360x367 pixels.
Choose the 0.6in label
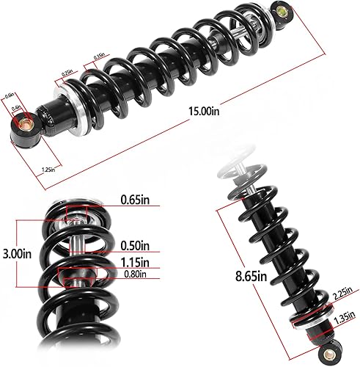coord(10,95)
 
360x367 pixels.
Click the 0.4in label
coord(17,108)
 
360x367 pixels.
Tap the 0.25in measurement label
coord(67,73)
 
